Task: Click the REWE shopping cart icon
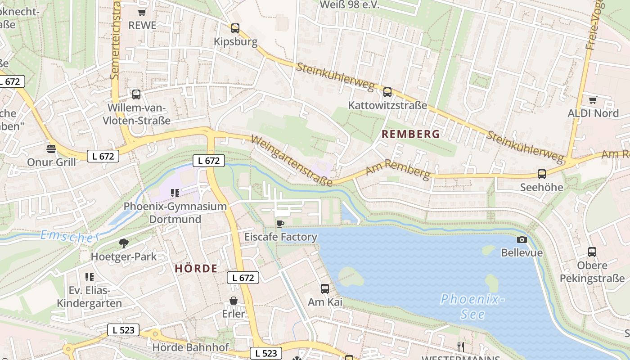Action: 142,13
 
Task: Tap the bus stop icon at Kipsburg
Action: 235,28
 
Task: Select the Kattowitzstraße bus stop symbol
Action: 387,92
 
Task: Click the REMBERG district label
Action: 410,134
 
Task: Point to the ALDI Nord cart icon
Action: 593,100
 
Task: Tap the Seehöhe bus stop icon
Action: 542,174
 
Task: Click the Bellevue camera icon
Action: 522,239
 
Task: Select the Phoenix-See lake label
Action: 472,306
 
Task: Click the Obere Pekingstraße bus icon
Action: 592,252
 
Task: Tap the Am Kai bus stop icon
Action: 325,289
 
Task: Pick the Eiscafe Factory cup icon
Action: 280,224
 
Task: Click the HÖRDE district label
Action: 196,269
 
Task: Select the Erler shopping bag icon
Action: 234,301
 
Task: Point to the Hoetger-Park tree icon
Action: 123,244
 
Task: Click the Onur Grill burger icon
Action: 51,148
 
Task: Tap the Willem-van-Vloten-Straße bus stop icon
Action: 136,94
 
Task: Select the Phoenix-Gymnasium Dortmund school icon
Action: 175,193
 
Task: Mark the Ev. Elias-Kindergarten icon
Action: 89,277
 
